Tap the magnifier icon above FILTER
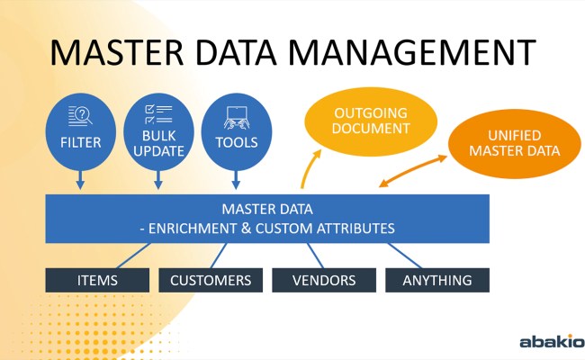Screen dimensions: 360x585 [x=80, y=116]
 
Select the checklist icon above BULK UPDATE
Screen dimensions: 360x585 [x=158, y=113]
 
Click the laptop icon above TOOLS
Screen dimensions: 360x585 [x=237, y=115]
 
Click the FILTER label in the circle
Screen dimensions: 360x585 [x=80, y=142]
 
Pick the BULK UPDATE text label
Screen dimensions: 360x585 [x=158, y=144]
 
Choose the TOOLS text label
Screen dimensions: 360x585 [x=237, y=142]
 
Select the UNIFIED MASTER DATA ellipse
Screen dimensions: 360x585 [x=514, y=143]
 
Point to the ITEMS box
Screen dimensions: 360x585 [x=97, y=280]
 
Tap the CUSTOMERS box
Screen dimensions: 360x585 [x=211, y=280]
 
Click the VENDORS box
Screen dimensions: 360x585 [x=324, y=280]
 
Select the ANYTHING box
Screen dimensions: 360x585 [x=437, y=280]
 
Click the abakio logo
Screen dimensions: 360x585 [x=551, y=342]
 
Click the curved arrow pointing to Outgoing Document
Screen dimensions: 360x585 [x=310, y=169]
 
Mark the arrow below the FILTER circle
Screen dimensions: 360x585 [x=80, y=180]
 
